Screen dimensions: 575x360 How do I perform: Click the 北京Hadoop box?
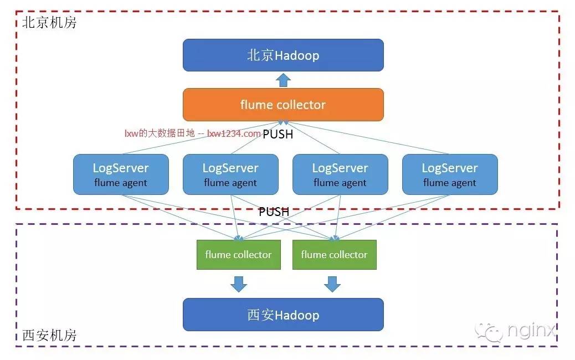pyautogui.click(x=283, y=55)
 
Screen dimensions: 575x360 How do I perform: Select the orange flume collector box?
pyautogui.click(x=283, y=105)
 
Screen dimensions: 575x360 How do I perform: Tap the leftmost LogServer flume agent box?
pyautogui.click(x=121, y=174)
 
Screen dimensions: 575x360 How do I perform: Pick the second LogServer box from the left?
pyautogui.click(x=230, y=174)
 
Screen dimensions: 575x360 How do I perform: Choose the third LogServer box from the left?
pyautogui.click(x=340, y=174)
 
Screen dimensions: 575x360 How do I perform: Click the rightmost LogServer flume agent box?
pyautogui.click(x=450, y=174)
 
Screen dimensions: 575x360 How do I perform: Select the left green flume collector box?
pyautogui.click(x=239, y=255)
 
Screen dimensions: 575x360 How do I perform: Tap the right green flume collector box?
pyautogui.click(x=335, y=255)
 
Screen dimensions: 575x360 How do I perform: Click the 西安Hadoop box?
pyautogui.click(x=283, y=315)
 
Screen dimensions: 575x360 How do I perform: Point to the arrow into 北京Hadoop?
pyautogui.click(x=283, y=80)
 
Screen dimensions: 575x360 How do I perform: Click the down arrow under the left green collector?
pyautogui.click(x=239, y=284)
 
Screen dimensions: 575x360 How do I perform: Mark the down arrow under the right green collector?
pyautogui.click(x=332, y=284)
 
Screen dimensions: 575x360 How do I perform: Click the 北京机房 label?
pyautogui.click(x=49, y=22)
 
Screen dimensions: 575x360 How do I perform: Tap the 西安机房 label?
pyautogui.click(x=49, y=335)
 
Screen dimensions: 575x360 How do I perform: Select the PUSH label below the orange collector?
pyautogui.click(x=278, y=134)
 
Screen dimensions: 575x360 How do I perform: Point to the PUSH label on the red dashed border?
pyautogui.click(x=274, y=212)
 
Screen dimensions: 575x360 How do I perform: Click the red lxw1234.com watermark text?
pyautogui.click(x=234, y=133)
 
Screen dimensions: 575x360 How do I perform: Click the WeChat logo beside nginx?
pyautogui.click(x=489, y=331)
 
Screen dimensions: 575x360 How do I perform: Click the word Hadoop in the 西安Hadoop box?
pyautogui.click(x=297, y=315)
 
